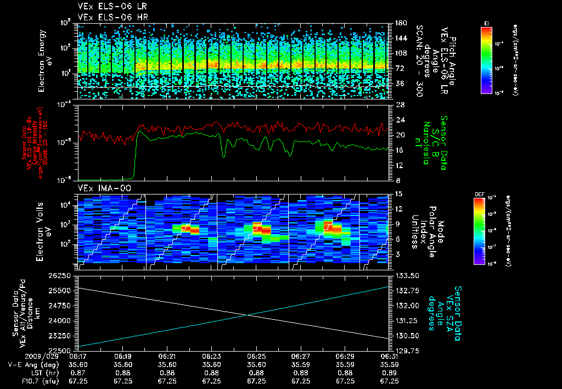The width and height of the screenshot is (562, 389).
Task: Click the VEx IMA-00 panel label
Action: click(x=98, y=187)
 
